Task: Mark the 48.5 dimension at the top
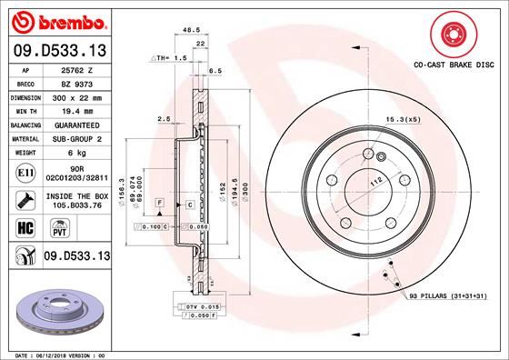tap(192, 29)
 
